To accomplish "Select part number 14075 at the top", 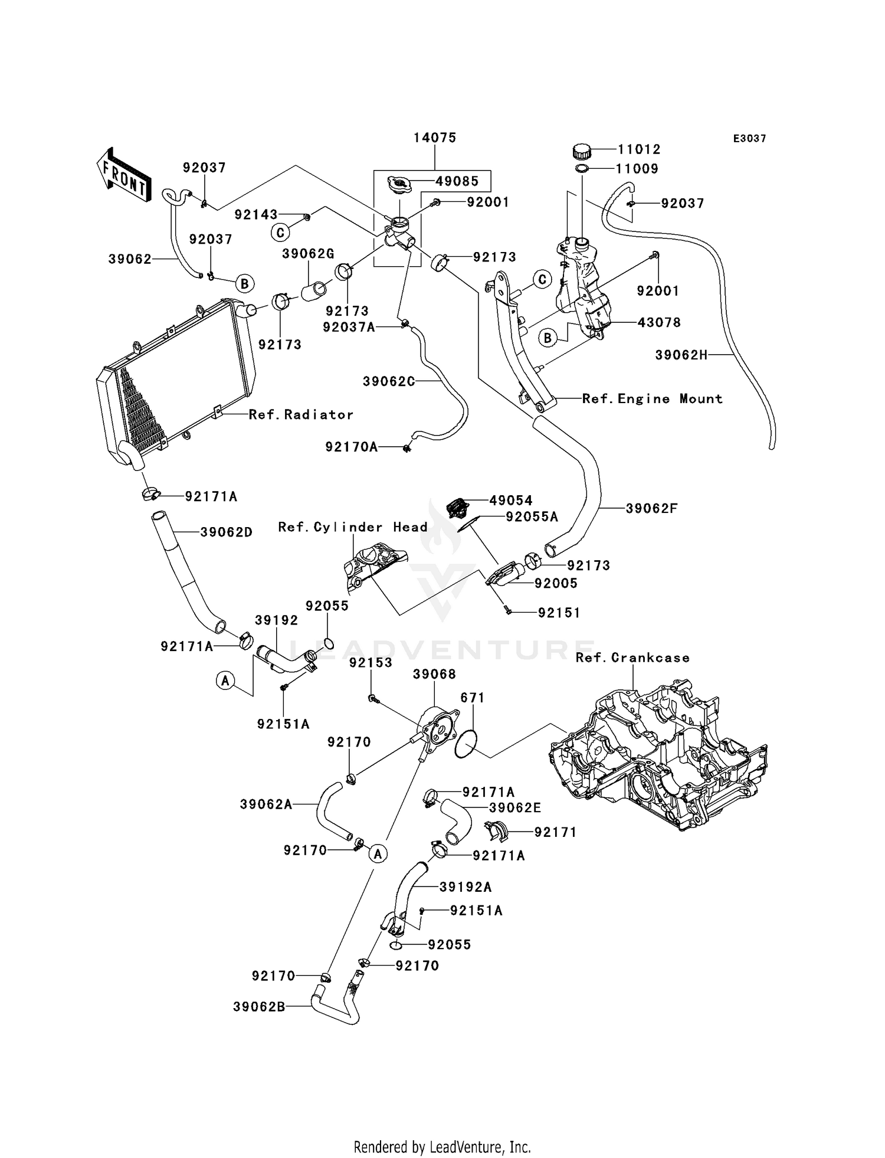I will click(x=435, y=138).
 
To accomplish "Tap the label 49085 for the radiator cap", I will click(x=457, y=181).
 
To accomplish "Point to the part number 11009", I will click(x=637, y=169).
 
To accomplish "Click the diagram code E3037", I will click(x=749, y=139).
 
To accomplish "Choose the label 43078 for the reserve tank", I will click(x=659, y=322).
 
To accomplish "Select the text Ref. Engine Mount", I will click(x=652, y=399).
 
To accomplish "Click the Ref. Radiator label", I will click(x=301, y=415).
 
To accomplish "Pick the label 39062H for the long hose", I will click(x=681, y=355).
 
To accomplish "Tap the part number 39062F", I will click(x=651, y=508).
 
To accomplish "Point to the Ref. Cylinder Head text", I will click(x=353, y=527).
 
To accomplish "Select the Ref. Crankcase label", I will click(x=632, y=657).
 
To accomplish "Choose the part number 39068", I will click(x=434, y=674).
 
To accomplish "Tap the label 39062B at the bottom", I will click(x=259, y=1007).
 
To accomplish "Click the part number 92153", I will click(x=371, y=663).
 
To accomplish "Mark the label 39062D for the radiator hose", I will click(x=227, y=532).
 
